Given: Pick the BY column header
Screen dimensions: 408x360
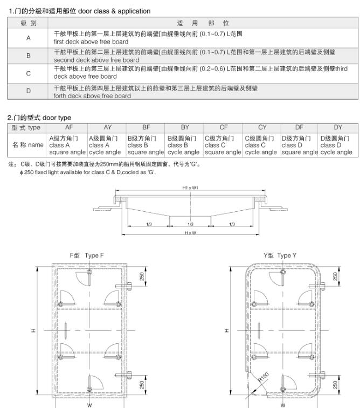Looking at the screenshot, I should point(185,127).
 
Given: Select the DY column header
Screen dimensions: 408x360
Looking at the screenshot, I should point(338,127).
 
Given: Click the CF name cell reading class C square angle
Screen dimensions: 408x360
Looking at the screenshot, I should point(223,145).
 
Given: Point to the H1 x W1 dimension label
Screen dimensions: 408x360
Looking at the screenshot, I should point(190,188).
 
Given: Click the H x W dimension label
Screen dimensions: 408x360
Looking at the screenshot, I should point(190,232).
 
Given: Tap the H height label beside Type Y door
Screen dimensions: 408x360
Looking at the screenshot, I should point(226,330).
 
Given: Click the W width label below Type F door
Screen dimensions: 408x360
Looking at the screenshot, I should point(89,404).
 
